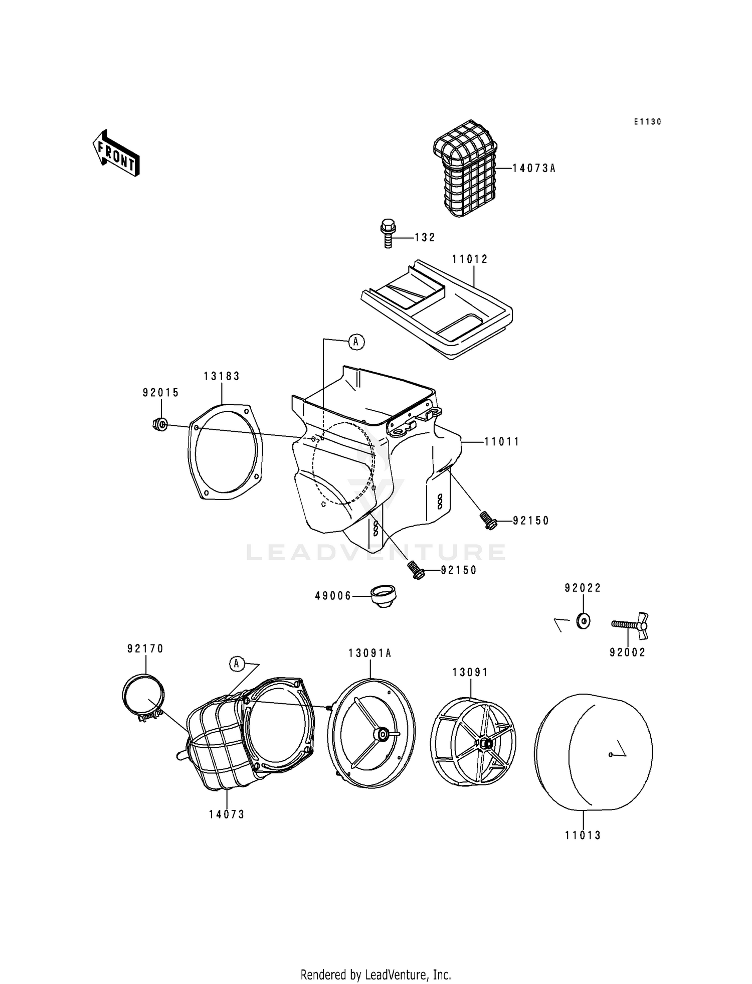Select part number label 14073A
click(x=534, y=169)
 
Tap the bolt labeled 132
click(x=387, y=234)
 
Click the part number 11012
click(x=470, y=259)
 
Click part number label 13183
click(x=222, y=376)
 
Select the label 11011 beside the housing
click(x=502, y=442)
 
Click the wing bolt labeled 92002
click(x=630, y=625)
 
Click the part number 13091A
click(x=370, y=653)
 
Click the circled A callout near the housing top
click(x=356, y=342)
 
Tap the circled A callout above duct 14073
click(x=237, y=664)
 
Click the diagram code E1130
click(x=647, y=122)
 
